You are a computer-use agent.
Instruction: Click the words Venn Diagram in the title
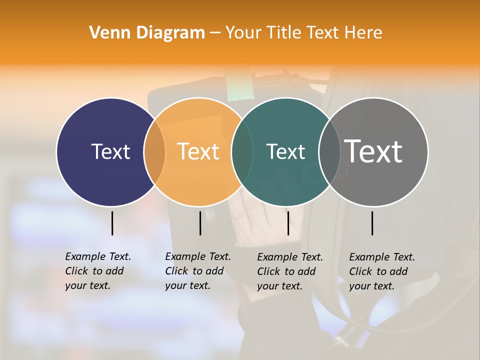pos(147,32)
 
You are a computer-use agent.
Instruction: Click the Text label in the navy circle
pos(110,151)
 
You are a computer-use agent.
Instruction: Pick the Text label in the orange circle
pos(198,151)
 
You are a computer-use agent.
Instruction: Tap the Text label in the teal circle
pos(285,151)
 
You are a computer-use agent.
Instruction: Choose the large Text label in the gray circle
pos(373,151)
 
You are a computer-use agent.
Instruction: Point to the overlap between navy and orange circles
pos(154,151)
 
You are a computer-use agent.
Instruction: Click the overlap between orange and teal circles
pos(242,151)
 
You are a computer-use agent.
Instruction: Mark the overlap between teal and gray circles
pos(329,151)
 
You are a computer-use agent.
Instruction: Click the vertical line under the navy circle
pos(112,223)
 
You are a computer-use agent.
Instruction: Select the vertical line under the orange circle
pos(200,223)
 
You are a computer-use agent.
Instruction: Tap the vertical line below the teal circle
pos(288,223)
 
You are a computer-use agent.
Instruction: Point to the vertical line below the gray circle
pos(372,223)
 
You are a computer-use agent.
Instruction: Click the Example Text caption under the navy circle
pos(98,271)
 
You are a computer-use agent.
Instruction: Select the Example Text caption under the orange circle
pos(198,271)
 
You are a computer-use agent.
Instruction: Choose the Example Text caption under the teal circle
pos(290,271)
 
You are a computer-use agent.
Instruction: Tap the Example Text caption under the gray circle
pos(382,271)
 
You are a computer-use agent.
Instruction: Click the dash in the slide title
pos(215,33)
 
